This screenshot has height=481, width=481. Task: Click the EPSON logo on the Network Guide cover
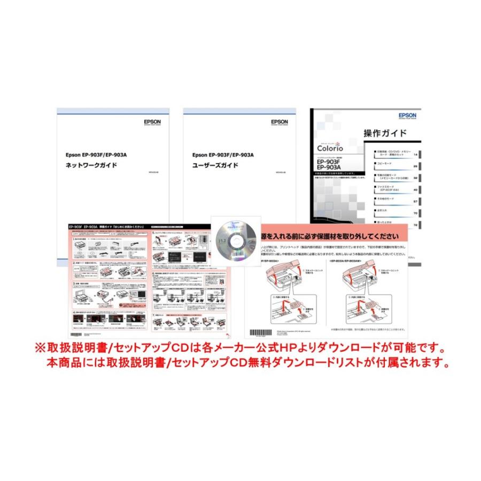pos(152,122)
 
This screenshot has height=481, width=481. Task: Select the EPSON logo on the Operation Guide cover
pos(407,115)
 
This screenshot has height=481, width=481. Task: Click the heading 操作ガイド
pos(385,133)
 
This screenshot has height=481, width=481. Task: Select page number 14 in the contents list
pos(415,155)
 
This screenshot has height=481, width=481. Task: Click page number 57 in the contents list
pos(415,201)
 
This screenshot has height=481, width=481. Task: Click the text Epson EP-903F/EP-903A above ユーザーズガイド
pos(223,155)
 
